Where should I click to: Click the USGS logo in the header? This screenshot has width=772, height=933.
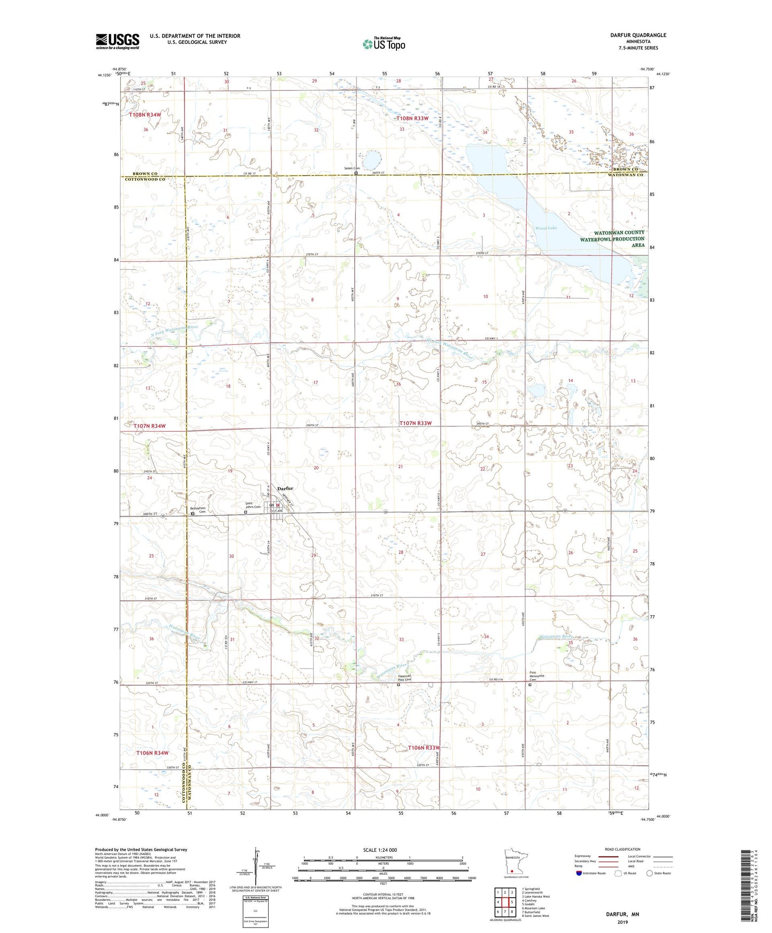pos(117,41)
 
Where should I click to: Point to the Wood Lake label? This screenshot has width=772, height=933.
pos(546,228)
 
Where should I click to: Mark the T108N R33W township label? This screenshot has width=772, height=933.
pos(413,118)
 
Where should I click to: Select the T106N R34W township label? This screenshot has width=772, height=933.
pos(152,753)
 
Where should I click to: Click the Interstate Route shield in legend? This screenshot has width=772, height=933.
pos(580,873)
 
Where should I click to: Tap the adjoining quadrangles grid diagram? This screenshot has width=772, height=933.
pos(505,902)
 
